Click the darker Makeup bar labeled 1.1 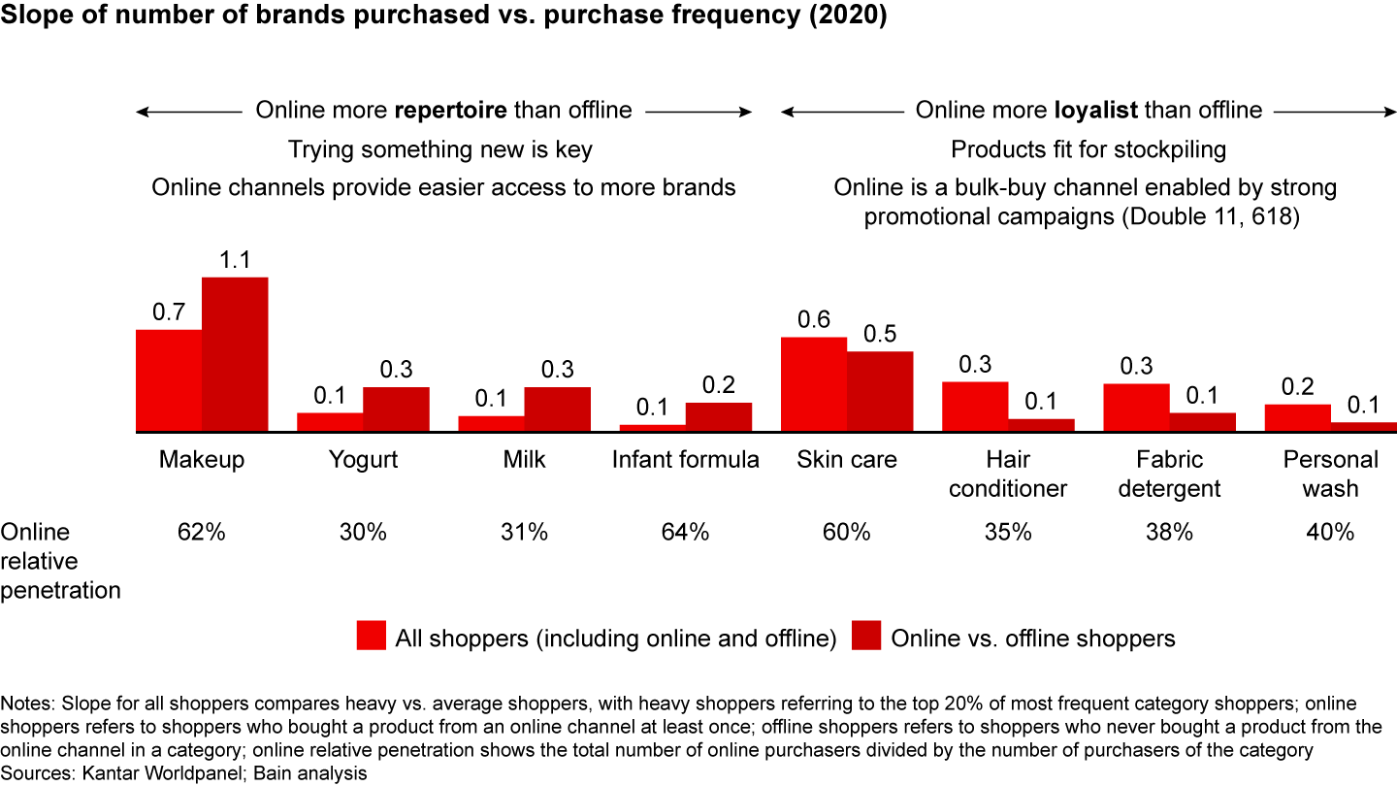(235, 354)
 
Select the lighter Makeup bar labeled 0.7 (169, 380)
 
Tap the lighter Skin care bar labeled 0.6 (814, 384)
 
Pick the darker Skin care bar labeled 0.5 (880, 391)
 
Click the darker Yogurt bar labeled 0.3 (396, 409)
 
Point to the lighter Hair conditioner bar (975, 407)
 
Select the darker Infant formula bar (719, 416)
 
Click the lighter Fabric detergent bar (1136, 408)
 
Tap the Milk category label (525, 459)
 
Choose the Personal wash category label (1330, 474)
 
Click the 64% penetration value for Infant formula (686, 532)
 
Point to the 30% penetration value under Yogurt (363, 532)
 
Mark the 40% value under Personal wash (1330, 532)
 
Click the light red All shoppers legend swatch (372, 637)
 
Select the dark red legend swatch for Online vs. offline (866, 637)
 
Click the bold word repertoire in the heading (450, 111)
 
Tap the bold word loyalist (1095, 111)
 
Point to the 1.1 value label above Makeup (235, 260)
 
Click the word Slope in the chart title (34, 18)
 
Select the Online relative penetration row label (60, 561)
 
